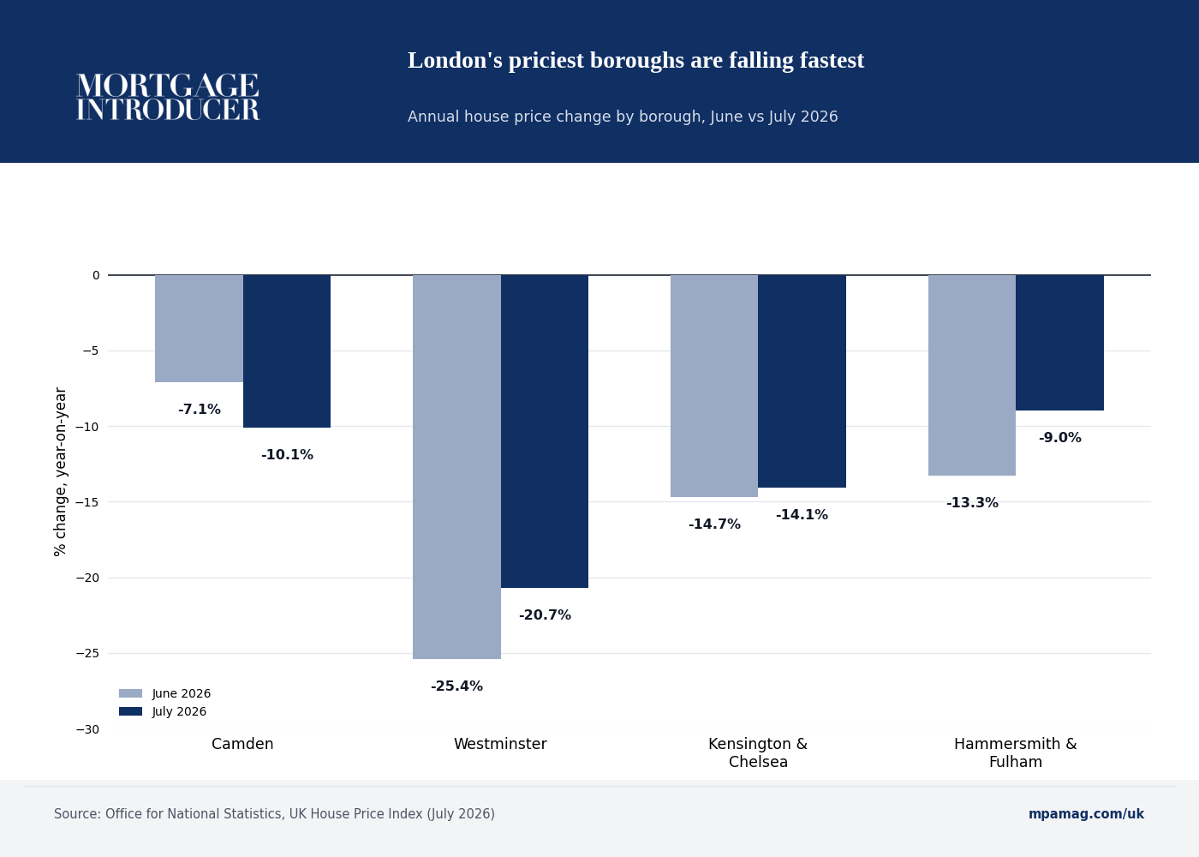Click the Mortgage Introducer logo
pos(168,97)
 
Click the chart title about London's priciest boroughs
pos(635,60)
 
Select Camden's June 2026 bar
pos(199,328)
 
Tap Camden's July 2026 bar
pos(287,351)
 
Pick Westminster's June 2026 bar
pos(456,466)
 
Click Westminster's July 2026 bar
pos(545,431)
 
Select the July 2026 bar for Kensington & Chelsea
pos(802,381)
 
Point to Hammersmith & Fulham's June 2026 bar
pos(972,375)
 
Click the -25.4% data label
pos(456,686)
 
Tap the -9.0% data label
pos(1060,438)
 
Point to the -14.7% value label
pos(714,524)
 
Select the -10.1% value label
pos(287,455)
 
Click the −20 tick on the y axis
pos(87,578)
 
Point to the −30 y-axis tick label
pos(87,729)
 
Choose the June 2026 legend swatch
pos(130,693)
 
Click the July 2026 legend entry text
pos(179,712)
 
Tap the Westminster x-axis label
pos(500,744)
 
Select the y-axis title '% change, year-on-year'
pos(60,472)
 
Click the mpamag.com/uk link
pos(1086,814)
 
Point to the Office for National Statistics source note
pos(274,814)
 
